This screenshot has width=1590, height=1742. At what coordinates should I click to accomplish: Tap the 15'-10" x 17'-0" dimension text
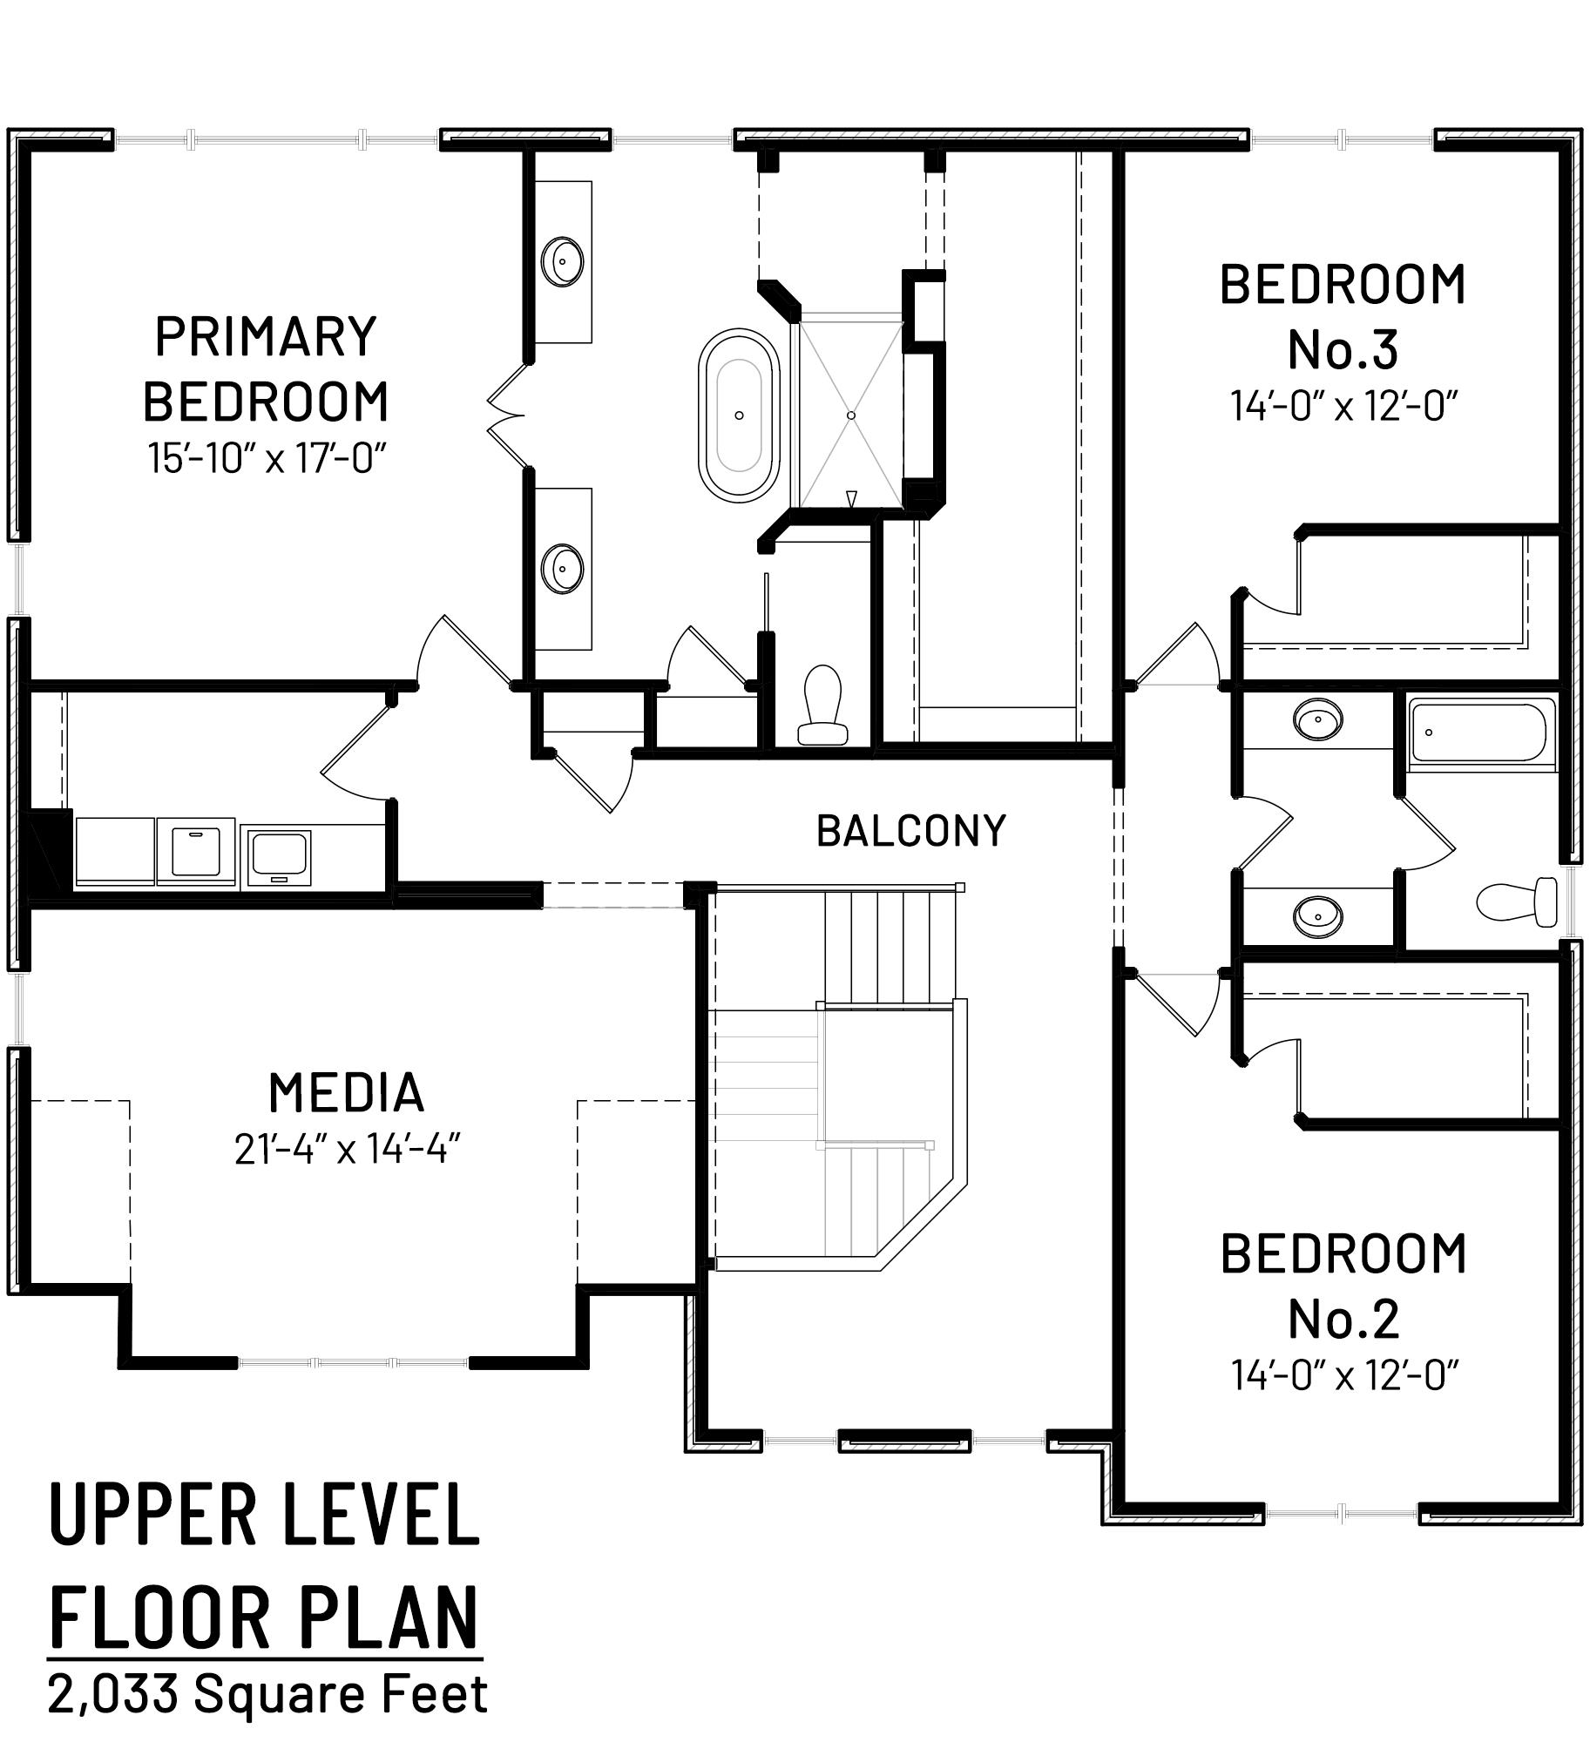(x=267, y=458)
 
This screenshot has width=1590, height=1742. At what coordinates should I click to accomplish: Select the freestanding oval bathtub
(x=739, y=415)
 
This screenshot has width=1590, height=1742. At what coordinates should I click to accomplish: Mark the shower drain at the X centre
(x=851, y=415)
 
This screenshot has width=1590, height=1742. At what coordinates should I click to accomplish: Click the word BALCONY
(x=911, y=831)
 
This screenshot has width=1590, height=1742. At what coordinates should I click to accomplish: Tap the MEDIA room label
(x=346, y=1093)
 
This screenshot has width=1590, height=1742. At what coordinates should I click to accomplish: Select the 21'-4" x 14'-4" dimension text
(x=347, y=1150)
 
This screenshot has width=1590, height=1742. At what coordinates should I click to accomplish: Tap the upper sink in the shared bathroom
(x=1317, y=719)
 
